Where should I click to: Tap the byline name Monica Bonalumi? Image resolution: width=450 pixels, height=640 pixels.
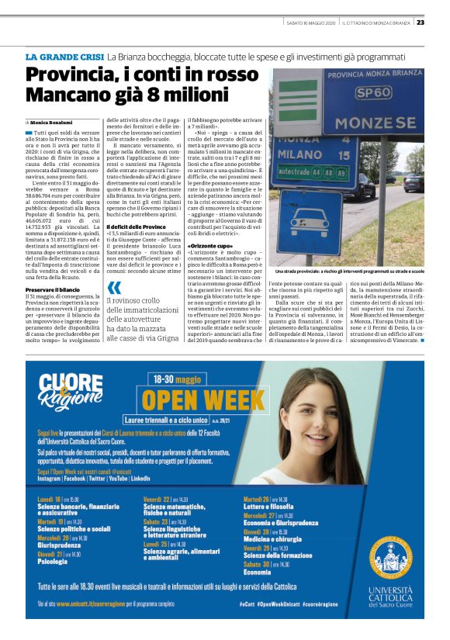pos(51,123)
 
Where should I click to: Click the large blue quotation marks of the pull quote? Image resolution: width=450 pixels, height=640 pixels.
pos(114,289)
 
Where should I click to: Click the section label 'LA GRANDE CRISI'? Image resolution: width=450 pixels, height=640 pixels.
pos(64,57)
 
